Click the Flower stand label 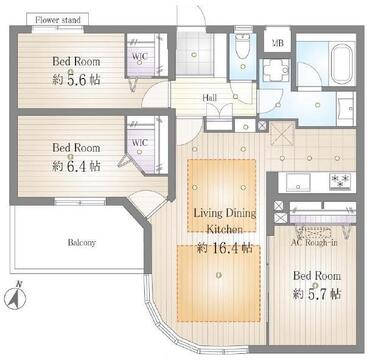(58, 20)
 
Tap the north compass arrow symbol (17, 296)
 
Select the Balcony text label (82, 243)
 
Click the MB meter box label (277, 43)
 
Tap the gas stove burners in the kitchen (341, 181)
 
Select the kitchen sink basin (298, 182)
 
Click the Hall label (210, 98)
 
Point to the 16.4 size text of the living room (231, 248)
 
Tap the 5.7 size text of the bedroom (324, 294)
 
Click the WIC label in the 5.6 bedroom (139, 56)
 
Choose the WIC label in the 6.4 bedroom (139, 143)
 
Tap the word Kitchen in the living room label (225, 229)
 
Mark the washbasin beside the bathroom (346, 108)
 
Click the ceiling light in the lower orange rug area (218, 275)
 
